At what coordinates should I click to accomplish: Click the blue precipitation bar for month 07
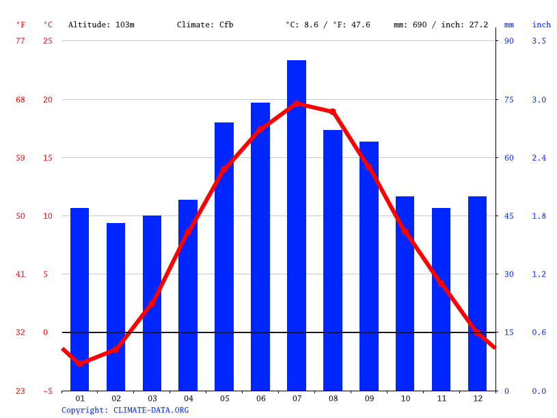pos(297,225)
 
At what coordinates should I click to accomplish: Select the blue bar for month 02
pos(116,306)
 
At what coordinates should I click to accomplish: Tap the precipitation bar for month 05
pos(224,257)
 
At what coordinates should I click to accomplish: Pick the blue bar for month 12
pos(477,293)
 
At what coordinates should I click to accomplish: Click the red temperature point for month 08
pos(333,112)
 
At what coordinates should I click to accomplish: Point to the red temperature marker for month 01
pos(80,363)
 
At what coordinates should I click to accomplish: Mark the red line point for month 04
pos(188,233)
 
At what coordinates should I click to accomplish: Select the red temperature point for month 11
pos(441,283)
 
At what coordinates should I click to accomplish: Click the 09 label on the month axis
pos(370,398)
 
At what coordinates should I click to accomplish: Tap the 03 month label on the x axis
pos(152,398)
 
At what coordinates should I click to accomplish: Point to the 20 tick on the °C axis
pos(48,99)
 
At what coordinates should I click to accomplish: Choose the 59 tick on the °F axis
pos(21,158)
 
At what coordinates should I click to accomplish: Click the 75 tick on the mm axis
pos(509,99)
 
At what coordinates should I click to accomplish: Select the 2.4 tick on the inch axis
pos(539,158)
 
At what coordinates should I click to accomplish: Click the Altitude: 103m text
pos(101,25)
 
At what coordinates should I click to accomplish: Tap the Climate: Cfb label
pos(205,25)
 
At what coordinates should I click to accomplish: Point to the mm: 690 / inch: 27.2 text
pos(441,25)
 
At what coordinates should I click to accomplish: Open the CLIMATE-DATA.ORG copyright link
pos(151,410)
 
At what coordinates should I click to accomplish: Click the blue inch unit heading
pos(541,25)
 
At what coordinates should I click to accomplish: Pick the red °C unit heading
pos(48,25)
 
